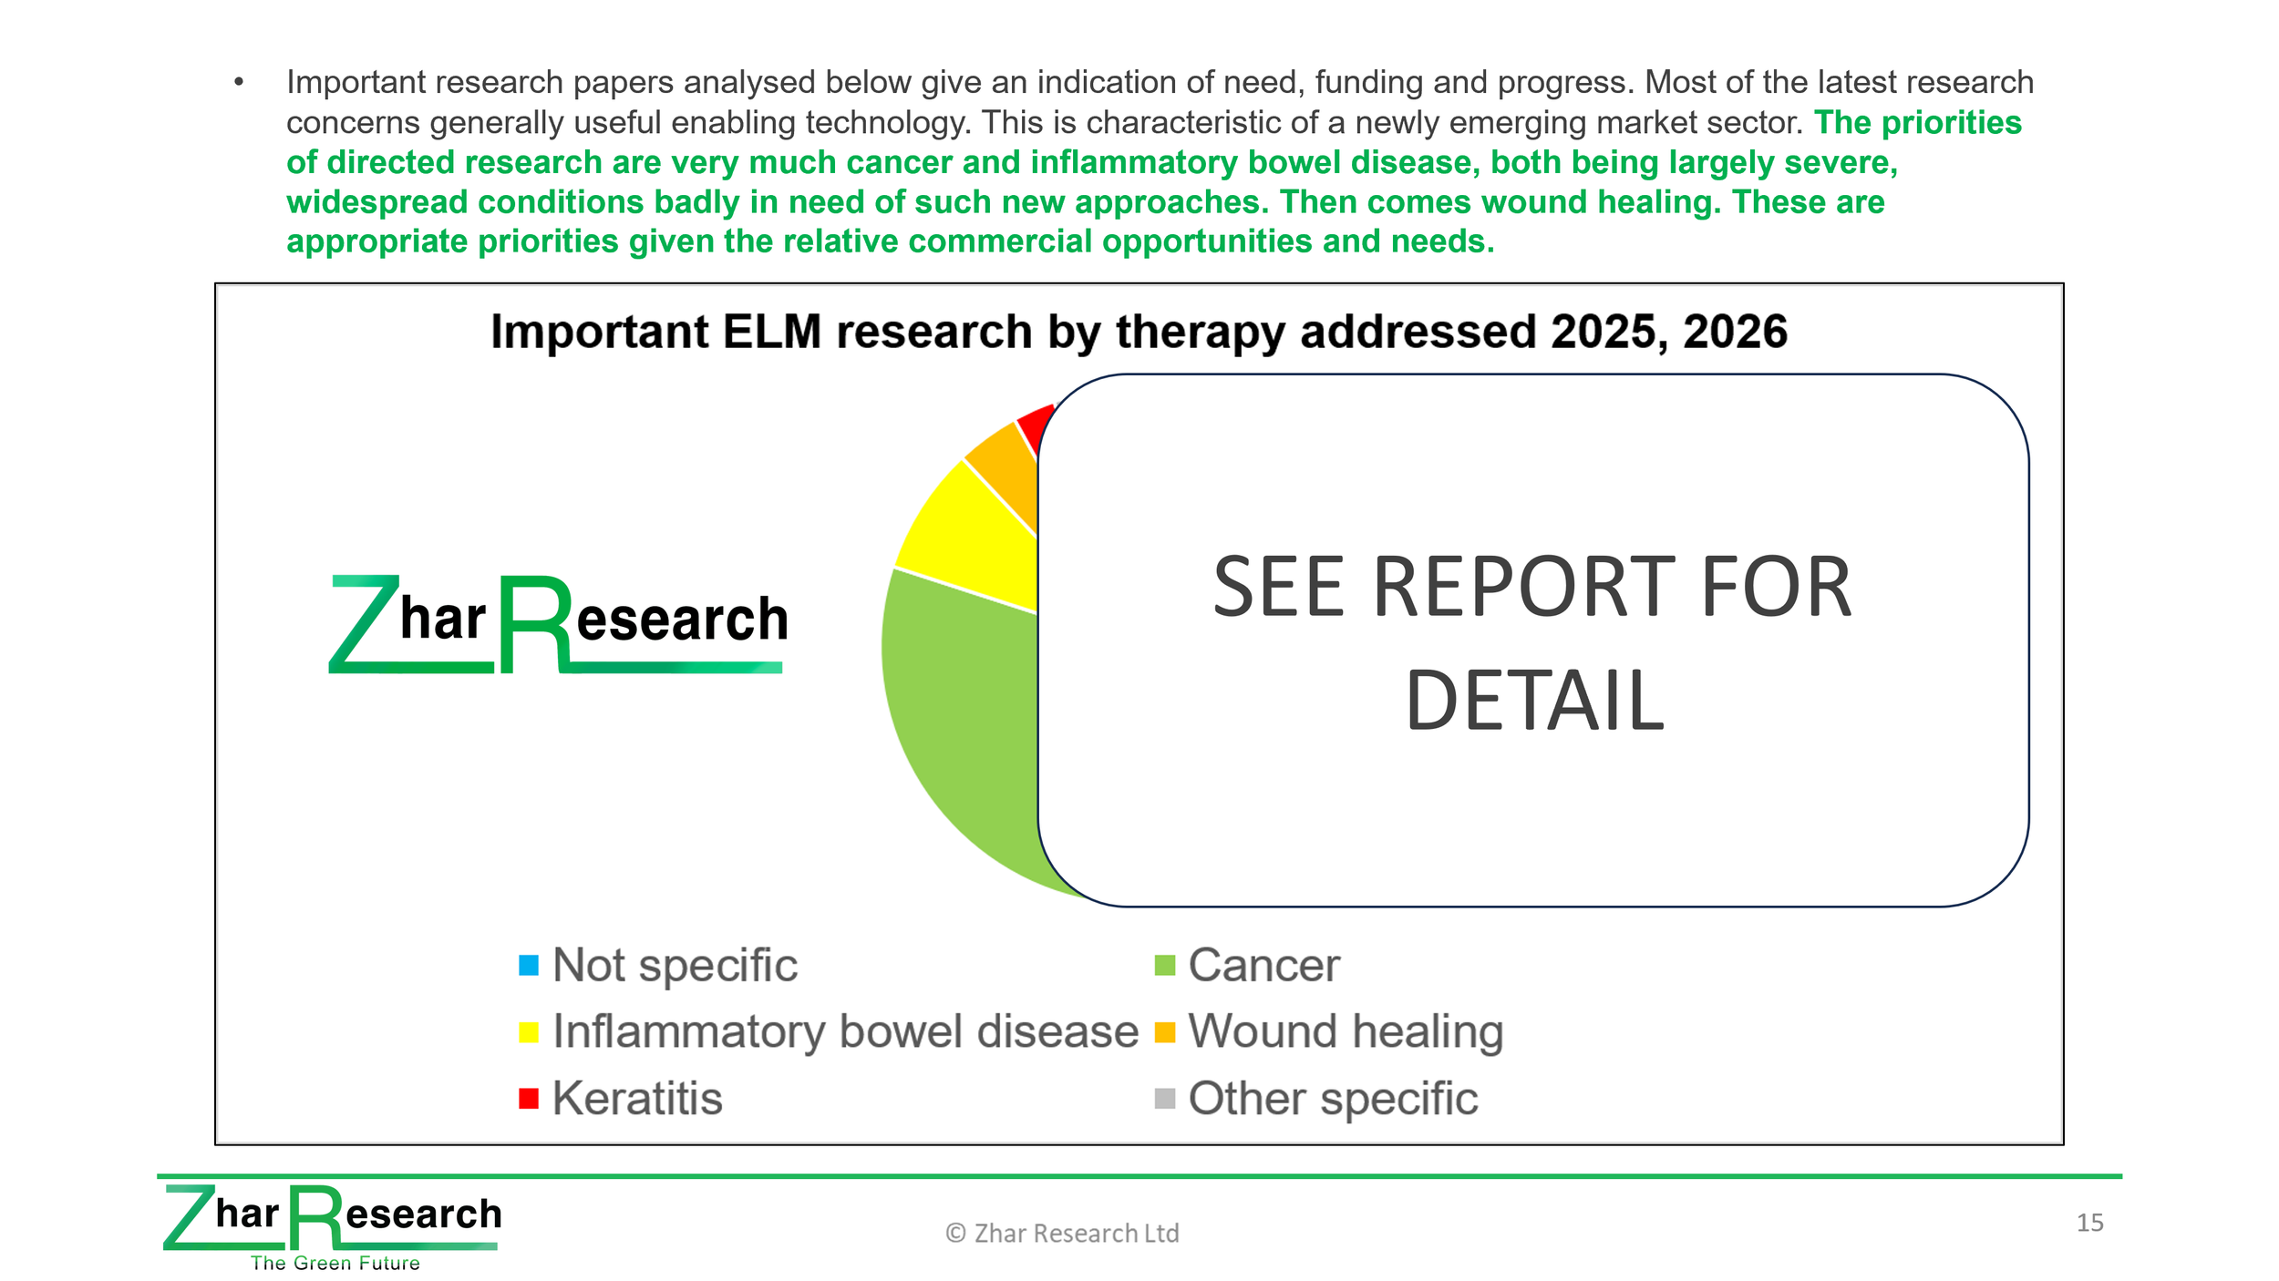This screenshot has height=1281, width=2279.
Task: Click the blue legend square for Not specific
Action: [528, 965]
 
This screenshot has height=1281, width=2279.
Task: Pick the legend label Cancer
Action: [1263, 965]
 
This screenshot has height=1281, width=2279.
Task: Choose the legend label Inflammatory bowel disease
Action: [845, 1031]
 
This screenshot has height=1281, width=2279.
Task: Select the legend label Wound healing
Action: [1346, 1032]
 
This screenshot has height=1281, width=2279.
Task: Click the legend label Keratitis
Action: [637, 1098]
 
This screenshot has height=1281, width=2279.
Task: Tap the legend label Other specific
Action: [1333, 1099]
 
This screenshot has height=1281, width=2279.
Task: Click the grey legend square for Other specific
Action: [1164, 1098]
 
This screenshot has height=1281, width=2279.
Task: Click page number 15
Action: [2089, 1223]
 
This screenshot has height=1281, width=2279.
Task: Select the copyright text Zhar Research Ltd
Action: [1076, 1233]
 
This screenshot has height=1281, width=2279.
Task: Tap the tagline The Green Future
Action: [335, 1263]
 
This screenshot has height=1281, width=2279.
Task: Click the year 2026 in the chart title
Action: [1735, 332]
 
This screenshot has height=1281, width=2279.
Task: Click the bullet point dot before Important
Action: [239, 82]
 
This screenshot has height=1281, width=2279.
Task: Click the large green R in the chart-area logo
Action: [535, 624]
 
